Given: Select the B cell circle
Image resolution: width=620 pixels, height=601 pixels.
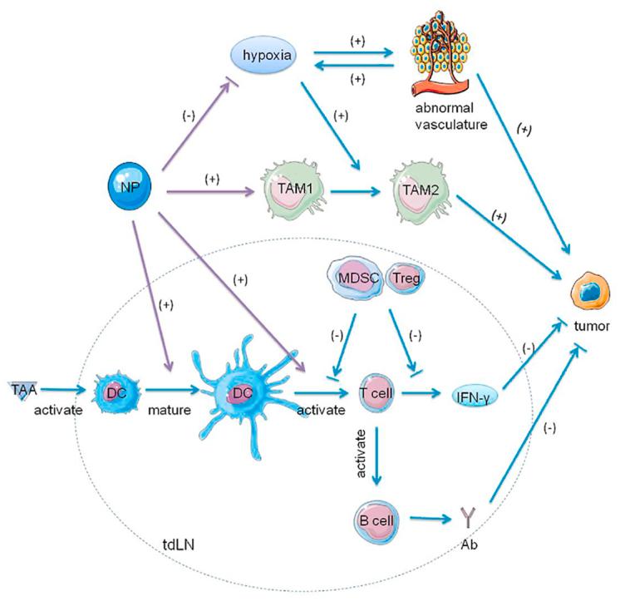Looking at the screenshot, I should coord(375,522).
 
